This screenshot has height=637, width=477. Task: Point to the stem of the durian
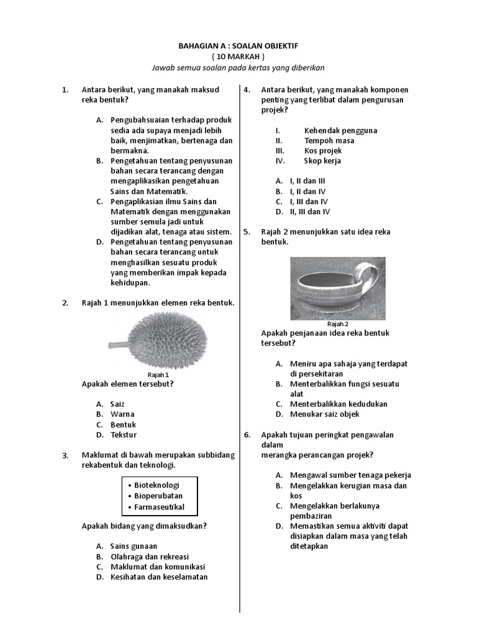[118, 343]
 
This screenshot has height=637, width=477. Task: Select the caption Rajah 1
[158, 375]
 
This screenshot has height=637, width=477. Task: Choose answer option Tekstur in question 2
[123, 435]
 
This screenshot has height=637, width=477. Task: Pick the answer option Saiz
[117, 404]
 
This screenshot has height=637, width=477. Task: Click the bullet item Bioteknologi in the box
[157, 485]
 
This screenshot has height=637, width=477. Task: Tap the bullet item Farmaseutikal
[159, 508]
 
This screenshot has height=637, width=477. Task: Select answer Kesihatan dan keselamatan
[158, 577]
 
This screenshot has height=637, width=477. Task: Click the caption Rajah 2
[337, 324]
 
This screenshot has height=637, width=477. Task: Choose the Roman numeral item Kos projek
[322, 151]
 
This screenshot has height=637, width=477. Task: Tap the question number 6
[247, 435]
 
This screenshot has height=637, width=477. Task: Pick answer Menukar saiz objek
[324, 414]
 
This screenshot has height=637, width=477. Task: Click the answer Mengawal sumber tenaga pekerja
[350, 475]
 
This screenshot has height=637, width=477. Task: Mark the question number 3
[65, 455]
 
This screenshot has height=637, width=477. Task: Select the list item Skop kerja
[322, 160]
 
